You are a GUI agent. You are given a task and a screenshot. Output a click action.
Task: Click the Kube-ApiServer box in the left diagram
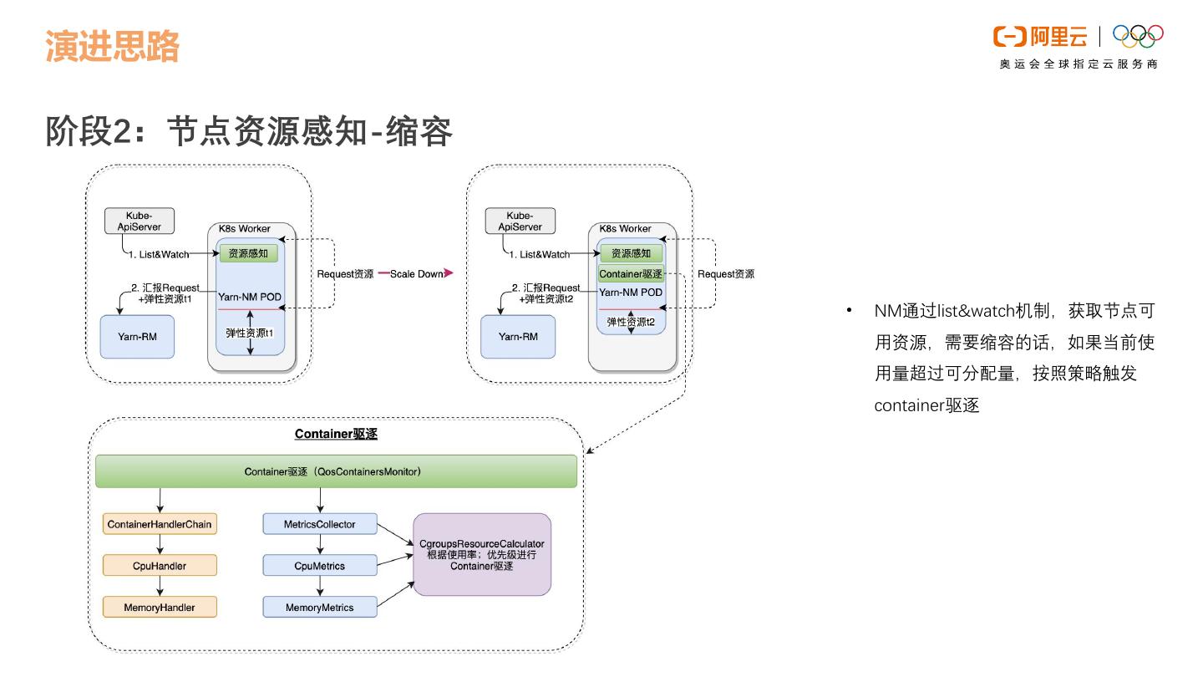pos(139,221)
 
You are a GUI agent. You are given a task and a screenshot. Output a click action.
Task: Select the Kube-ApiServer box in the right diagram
pos(520,221)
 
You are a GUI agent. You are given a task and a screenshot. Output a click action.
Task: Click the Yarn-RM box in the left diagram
pos(137,337)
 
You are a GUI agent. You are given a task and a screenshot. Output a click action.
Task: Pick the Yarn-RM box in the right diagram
pos(518,337)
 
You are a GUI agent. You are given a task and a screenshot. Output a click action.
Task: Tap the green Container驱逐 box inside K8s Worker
pos(631,273)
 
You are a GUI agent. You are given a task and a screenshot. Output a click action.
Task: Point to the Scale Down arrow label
pos(417,273)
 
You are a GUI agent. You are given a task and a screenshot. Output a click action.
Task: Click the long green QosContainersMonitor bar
pos(336,471)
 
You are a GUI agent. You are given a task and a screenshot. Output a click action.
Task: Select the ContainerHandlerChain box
pos(160,524)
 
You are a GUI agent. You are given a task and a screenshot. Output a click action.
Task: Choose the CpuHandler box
pos(160,566)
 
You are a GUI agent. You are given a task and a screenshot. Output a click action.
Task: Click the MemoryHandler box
pos(160,608)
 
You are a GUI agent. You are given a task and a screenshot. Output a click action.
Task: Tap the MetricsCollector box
pos(320,524)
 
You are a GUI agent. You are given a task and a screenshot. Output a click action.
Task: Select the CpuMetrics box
pos(320,566)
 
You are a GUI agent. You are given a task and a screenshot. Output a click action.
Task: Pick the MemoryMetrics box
pos(320,608)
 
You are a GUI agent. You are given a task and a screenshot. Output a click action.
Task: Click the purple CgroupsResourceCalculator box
pos(482,555)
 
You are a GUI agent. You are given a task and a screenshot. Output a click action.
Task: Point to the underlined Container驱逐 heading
pos(337,435)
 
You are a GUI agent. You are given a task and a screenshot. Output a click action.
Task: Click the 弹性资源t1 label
pos(250,333)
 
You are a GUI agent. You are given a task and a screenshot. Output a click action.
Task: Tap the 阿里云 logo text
pos(1058,36)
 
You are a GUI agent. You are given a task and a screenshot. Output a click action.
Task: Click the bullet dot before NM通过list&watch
pos(850,311)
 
